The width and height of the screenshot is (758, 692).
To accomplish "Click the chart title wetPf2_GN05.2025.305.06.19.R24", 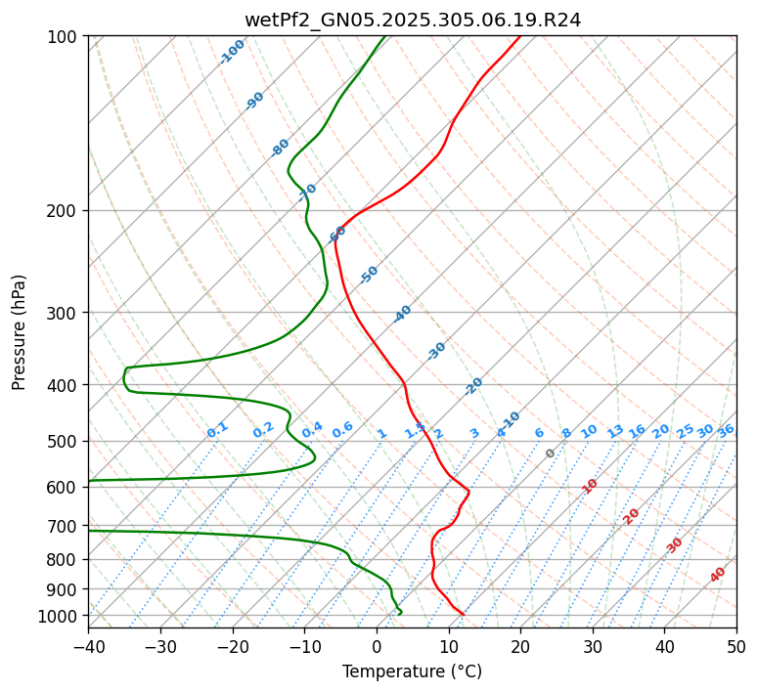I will click(x=412, y=21).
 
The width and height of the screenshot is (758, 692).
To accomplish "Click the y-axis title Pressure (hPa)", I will click(x=20, y=332).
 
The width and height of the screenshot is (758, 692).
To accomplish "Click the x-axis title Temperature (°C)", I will click(x=412, y=672).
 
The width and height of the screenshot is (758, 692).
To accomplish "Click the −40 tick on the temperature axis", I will click(x=88, y=647).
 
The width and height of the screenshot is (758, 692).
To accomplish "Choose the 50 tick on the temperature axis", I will click(x=736, y=647).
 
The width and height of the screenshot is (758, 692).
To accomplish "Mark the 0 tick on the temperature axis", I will click(x=377, y=647).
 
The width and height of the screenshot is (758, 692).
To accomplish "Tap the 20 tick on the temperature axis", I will click(x=520, y=647).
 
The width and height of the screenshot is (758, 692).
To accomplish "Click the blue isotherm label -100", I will click(x=232, y=52).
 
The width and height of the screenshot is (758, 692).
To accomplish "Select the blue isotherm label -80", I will click(x=281, y=148).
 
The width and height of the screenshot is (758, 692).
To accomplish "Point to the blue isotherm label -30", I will click(x=436, y=351).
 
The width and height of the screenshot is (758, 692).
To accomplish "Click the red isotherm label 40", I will click(x=718, y=575).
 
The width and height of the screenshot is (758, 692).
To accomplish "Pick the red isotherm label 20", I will click(x=632, y=515).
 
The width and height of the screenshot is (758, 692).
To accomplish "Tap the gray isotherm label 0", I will click(x=551, y=454).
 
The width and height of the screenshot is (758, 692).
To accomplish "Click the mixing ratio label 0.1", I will click(x=217, y=430).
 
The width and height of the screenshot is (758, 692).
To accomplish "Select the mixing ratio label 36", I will click(x=726, y=430).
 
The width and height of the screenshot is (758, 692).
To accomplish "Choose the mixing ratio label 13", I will click(x=615, y=431).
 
